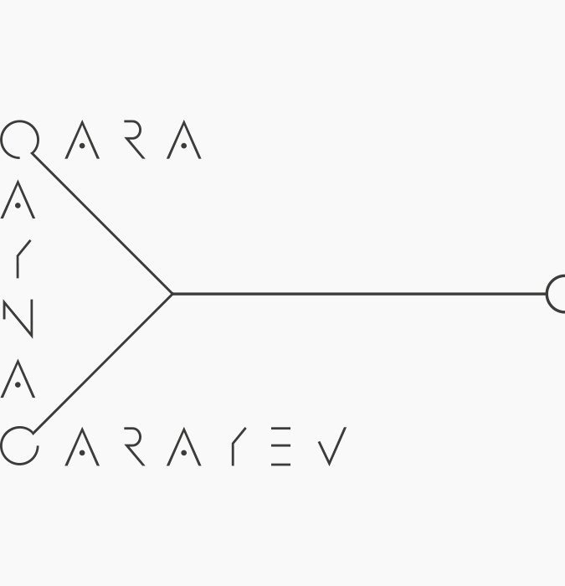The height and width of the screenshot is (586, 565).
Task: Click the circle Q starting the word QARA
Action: [18, 139]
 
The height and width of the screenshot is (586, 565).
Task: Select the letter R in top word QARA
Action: [133, 141]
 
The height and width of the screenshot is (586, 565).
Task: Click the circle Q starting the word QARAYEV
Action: [18, 445]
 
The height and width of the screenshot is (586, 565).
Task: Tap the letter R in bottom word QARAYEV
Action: [133, 446]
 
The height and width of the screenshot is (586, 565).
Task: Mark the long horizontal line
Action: [360, 294]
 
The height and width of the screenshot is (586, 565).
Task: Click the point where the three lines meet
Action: [172, 294]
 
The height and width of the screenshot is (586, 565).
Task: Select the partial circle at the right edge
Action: [557, 294]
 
